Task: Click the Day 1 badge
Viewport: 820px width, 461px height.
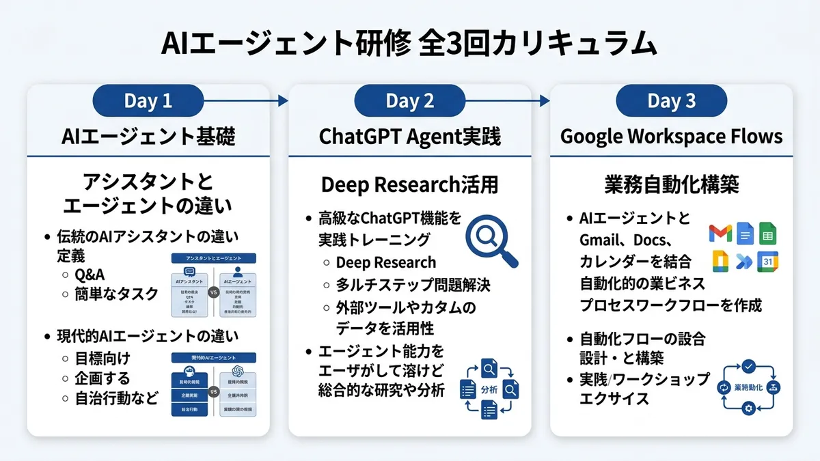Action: (148, 101)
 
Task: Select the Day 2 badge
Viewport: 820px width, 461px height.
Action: (410, 101)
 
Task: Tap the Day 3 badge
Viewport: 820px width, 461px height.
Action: (671, 101)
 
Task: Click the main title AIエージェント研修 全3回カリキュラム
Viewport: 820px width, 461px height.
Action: (410, 44)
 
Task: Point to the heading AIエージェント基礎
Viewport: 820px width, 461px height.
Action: (148, 137)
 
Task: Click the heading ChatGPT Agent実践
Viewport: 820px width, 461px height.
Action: (410, 137)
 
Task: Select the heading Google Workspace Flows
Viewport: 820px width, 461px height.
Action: (671, 137)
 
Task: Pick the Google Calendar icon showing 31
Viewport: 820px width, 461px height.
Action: (767, 262)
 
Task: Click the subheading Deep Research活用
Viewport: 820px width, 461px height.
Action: (410, 185)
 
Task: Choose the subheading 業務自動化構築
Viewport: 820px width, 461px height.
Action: (671, 185)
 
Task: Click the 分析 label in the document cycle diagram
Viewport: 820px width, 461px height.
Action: (489, 390)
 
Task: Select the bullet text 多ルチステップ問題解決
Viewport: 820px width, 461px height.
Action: (413, 283)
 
